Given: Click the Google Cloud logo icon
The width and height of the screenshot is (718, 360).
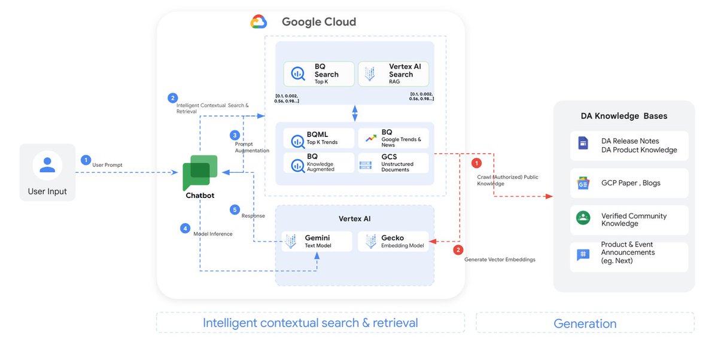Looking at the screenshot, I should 258,22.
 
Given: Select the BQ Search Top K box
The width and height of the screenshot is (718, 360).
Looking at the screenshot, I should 319,74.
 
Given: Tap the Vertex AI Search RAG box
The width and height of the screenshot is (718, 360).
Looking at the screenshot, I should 393,74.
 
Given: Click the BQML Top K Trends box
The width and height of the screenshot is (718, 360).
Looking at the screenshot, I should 319,138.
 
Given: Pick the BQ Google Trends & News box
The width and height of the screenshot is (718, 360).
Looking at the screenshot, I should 393,138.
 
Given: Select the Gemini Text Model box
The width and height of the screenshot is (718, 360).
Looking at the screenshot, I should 317,242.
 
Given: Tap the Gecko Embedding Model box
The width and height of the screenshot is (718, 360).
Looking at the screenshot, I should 393,242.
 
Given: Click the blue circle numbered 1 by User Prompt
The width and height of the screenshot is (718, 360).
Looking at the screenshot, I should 86,160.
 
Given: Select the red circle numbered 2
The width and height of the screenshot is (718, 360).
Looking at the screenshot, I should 458,250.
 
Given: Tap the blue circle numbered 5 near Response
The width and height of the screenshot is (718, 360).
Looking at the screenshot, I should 235,210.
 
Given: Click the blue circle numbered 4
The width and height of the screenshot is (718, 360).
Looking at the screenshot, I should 185,228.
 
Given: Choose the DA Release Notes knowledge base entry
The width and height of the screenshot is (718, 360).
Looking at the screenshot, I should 629,145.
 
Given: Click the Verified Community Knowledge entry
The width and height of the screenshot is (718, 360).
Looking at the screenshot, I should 629,219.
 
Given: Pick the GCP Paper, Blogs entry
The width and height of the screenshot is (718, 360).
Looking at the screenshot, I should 629,183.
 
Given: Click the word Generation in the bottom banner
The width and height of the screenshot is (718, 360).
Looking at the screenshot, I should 585,324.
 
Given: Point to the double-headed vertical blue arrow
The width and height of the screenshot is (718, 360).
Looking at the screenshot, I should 355,112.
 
